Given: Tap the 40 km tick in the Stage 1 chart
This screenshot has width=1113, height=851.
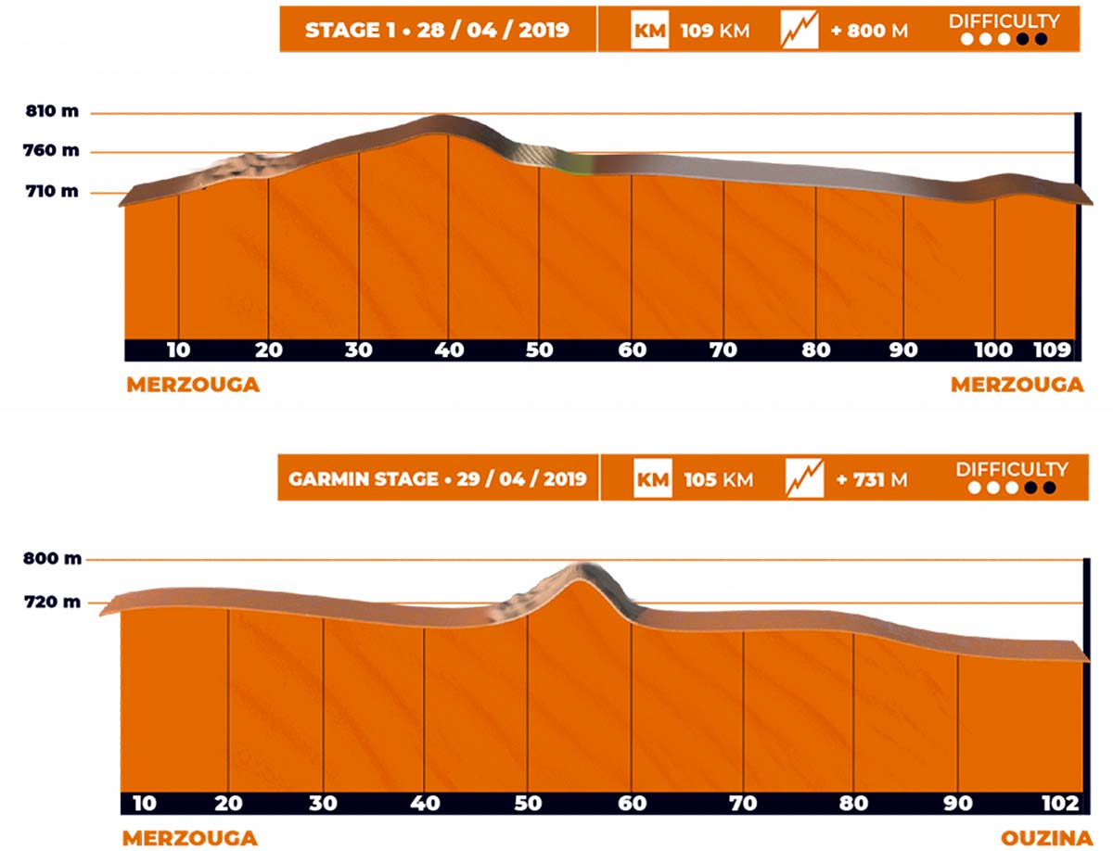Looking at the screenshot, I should point(448,350).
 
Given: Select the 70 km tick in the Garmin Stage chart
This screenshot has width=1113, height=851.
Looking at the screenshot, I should point(743,804).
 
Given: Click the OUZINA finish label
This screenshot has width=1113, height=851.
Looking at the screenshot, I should point(1046,839).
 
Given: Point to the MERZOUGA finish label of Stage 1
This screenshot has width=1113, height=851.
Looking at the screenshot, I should point(1017,385).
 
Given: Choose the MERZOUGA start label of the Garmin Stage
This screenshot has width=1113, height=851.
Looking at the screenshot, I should point(189,839).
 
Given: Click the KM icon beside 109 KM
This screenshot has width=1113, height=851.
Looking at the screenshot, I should point(649,31).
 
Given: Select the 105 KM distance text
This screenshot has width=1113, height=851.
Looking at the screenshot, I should point(718,479).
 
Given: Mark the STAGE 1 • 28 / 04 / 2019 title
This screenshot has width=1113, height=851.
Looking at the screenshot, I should point(437,31).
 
